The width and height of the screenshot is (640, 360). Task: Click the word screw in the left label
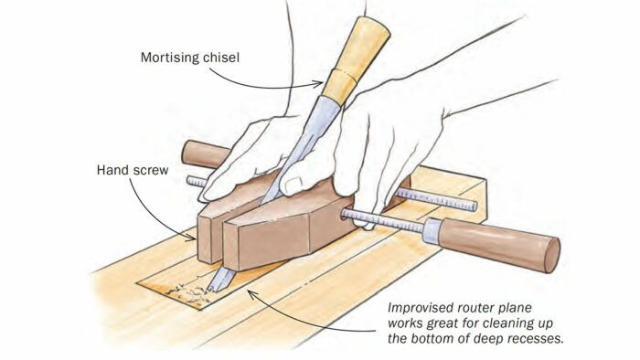click(149, 171)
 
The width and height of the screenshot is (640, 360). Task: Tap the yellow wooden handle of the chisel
click(355, 58)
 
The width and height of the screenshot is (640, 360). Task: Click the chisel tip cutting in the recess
click(211, 289)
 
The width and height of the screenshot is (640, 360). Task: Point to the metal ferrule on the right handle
click(432, 230)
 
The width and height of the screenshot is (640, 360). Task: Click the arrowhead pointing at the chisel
click(318, 84)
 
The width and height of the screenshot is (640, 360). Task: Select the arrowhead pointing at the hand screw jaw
click(190, 238)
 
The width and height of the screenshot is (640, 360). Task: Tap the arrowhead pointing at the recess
click(252, 294)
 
